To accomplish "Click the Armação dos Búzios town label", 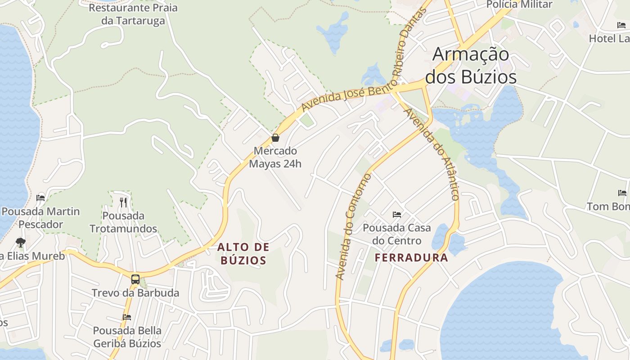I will pos(471,66).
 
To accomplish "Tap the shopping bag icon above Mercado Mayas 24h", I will pos(275,138).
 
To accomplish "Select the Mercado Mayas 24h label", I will pos(275,157).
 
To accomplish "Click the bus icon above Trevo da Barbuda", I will pos(135,279).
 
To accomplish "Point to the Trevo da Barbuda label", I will pos(135,293).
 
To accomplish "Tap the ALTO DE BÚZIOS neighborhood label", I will pos(243,253).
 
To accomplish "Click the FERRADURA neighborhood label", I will pos(411,257).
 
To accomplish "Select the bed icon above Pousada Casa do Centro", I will pos(397,214).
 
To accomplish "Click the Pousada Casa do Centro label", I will pos(397,234).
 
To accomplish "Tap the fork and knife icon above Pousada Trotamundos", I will pos(123,202).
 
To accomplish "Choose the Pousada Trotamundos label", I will pos(123,222).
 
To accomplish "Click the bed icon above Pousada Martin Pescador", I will pos(40,198).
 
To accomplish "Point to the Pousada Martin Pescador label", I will pos(40,217).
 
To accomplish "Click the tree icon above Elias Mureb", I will pos(20,243).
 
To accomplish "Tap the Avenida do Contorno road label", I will pos(353,226).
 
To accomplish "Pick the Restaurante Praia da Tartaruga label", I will pos(133,14).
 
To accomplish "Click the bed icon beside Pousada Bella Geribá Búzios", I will pos(127,317).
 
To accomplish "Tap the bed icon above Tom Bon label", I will pos(622,193).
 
